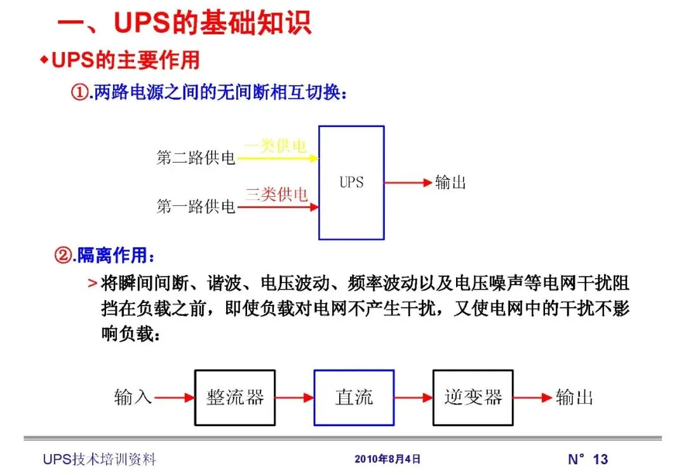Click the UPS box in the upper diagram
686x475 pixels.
click(351, 182)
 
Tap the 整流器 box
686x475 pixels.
click(235, 398)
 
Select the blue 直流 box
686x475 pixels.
click(354, 398)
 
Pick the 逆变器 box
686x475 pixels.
click(473, 398)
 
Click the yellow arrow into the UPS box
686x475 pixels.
click(277, 158)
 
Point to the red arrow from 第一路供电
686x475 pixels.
click(277, 206)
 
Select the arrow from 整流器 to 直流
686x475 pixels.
click(295, 398)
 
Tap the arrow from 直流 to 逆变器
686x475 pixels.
click(414, 398)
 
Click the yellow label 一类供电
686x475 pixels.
click(275, 146)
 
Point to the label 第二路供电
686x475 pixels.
click(196, 157)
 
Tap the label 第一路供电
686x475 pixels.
click(196, 206)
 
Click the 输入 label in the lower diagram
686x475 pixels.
click(133, 398)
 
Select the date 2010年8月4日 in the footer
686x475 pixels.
click(387, 459)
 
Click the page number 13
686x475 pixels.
click(600, 459)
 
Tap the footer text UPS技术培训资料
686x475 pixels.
click(99, 459)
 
